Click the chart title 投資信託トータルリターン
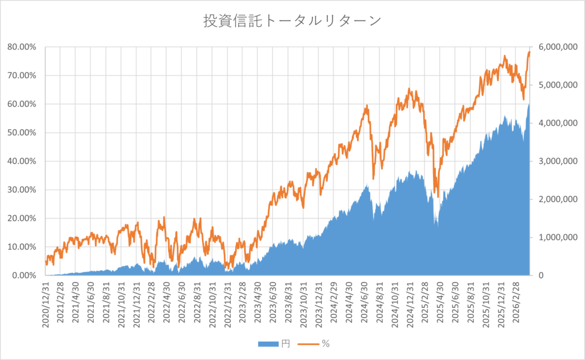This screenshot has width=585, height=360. click(292, 21)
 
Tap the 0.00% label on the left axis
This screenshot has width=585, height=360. click(25, 275)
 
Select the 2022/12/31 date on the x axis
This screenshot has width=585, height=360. click(228, 303)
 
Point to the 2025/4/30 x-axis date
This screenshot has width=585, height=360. click(440, 302)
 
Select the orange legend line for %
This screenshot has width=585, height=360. click(310, 344)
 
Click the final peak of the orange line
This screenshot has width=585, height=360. click(529, 52)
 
